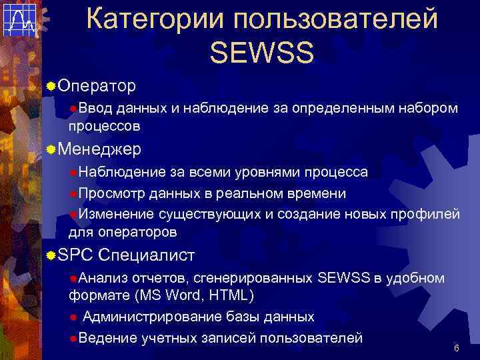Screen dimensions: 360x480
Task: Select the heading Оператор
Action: point(97,86)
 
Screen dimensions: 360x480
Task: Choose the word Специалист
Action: point(146,255)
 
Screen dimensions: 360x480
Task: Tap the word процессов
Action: point(104,125)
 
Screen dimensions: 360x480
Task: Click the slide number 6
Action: point(456,349)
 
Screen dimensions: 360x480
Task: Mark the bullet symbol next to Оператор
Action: point(51,87)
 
